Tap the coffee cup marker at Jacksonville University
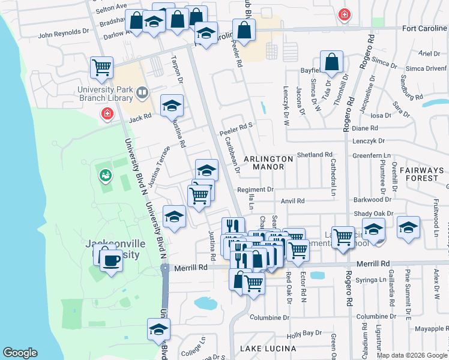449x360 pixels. tap(111, 260)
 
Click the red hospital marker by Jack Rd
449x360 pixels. tap(107, 113)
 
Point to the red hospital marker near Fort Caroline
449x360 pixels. tap(344, 15)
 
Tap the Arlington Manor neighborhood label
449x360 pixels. tap(268, 163)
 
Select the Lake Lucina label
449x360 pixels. tap(268, 349)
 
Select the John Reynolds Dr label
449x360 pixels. tap(64, 34)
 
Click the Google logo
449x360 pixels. tap(20, 353)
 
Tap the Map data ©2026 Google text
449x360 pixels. tap(411, 355)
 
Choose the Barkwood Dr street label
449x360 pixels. tap(372, 199)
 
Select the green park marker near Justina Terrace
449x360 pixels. tap(106, 175)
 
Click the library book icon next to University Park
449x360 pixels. tap(142, 92)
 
